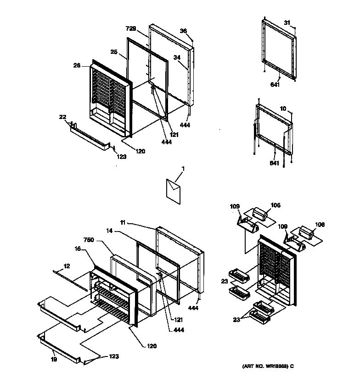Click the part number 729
131,28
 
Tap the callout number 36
183,31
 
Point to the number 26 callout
77,66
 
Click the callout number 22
63,117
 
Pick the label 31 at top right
287,23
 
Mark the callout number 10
283,108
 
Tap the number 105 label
275,205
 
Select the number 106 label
319,225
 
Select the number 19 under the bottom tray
54,359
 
